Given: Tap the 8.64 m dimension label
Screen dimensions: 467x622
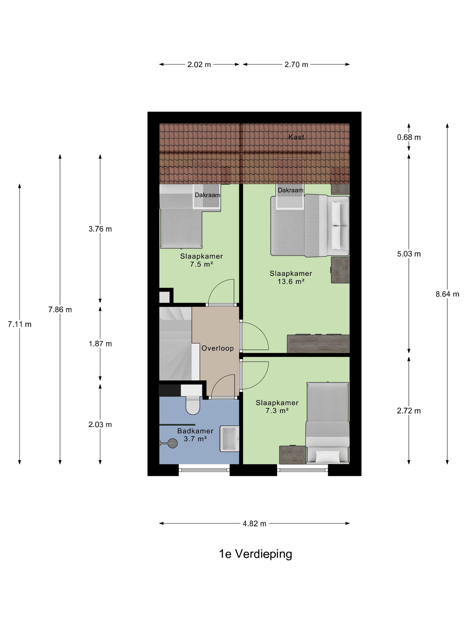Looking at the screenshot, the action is point(447,294).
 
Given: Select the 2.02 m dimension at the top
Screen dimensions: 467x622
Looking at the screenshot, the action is point(199,64).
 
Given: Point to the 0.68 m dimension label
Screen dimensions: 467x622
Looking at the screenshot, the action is point(409,137).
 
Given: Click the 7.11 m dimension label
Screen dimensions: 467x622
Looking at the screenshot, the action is point(19,324).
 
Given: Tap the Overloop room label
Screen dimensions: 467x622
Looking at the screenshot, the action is point(217,348).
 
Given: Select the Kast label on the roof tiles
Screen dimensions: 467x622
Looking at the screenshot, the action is point(296,137).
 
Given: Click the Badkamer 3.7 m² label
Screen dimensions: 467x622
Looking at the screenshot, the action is point(195,435).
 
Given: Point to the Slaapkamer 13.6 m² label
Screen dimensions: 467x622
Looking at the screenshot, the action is point(291,277).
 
